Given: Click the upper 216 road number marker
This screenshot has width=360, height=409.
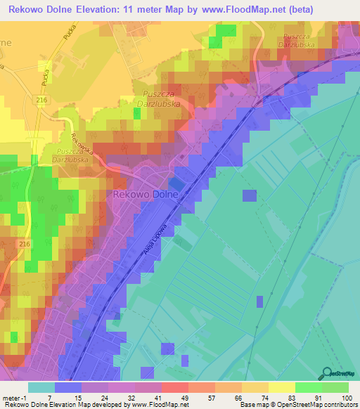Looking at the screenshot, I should tap(43, 101).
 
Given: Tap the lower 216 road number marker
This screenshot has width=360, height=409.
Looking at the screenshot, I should tap(25, 243).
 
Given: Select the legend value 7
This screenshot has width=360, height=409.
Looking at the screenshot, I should tap(49, 398).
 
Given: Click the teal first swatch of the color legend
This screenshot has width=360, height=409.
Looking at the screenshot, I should tap(41, 387).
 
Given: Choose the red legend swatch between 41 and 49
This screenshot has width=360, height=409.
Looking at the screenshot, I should tap(174, 387).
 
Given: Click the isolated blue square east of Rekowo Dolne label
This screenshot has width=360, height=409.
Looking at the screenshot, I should tap(249, 196).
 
